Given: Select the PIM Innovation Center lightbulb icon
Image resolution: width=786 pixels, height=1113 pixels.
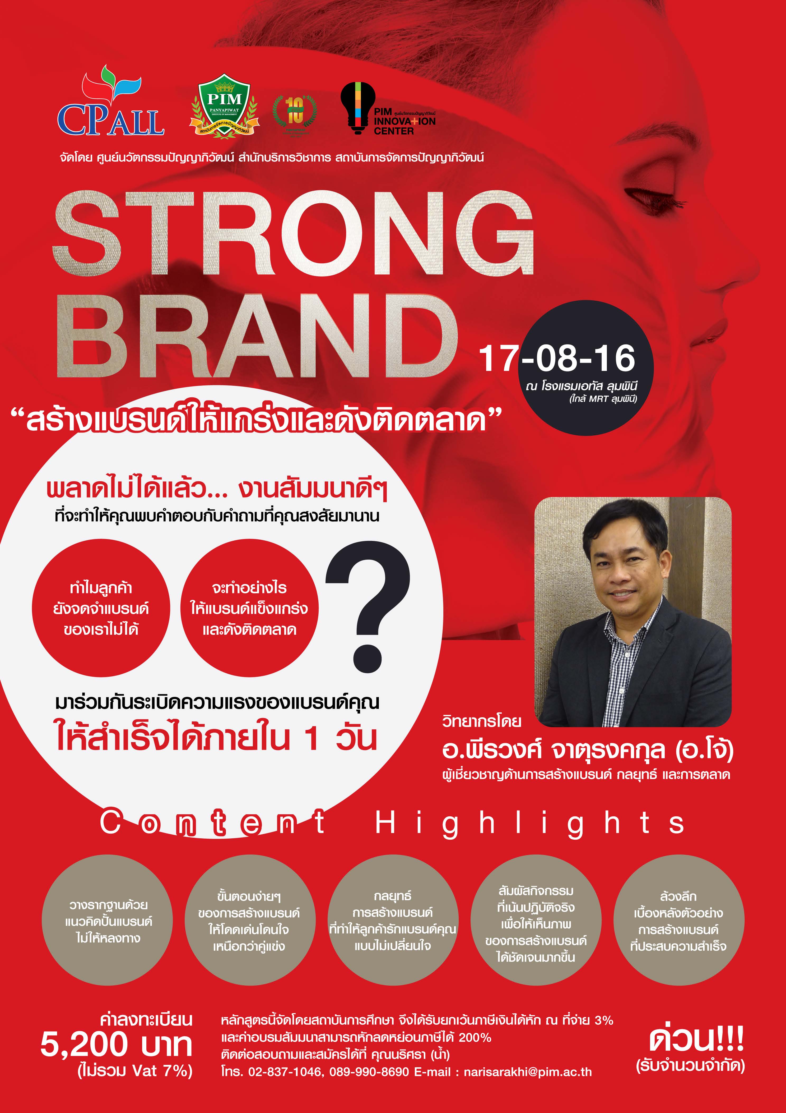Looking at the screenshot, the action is point(358,108).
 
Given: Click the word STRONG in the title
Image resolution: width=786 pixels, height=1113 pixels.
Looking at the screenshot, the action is point(294,234).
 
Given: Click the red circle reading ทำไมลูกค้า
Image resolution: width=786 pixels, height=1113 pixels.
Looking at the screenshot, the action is point(101,608).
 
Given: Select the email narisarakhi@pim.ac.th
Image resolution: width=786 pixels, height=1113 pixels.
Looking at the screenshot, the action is point(528,1072).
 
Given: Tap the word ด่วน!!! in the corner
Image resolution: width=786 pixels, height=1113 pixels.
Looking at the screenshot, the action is point(697,1038).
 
